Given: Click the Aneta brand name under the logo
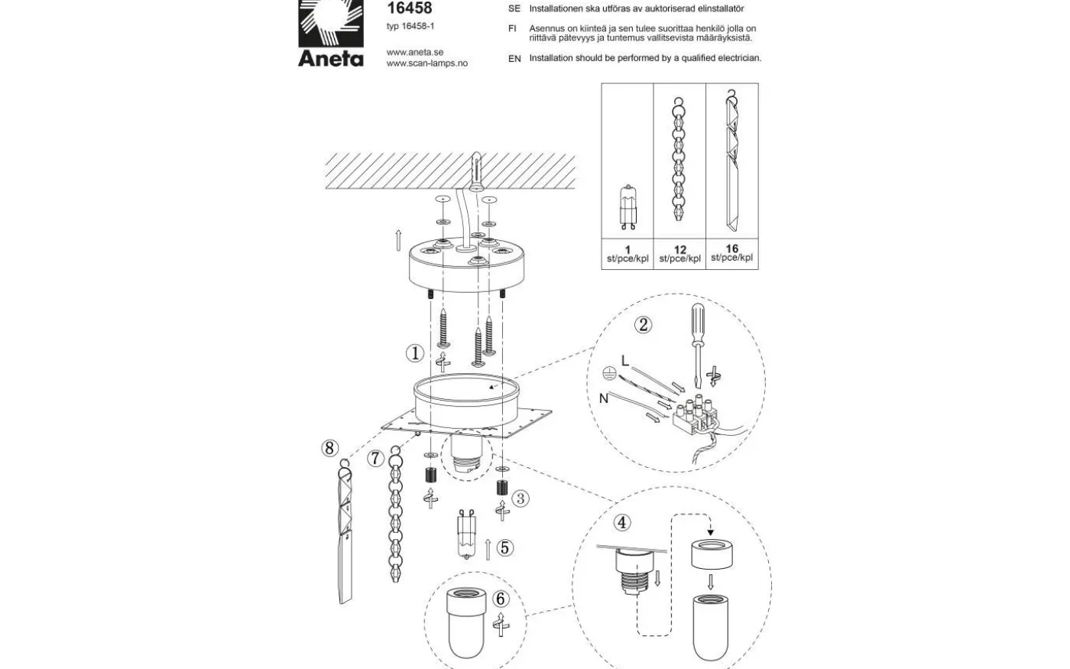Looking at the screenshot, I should (x=330, y=58).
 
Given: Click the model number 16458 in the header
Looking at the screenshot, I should (x=409, y=8).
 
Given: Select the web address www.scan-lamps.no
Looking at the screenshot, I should (x=426, y=63).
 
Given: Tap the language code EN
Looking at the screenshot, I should (x=514, y=58).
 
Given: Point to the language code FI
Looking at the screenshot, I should (x=513, y=28).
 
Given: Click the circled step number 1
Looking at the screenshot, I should (x=414, y=353).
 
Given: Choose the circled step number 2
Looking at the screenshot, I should (x=644, y=325).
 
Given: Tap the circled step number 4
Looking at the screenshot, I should (x=623, y=523).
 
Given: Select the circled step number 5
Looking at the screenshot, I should (x=504, y=547).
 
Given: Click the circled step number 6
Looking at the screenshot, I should (x=501, y=599).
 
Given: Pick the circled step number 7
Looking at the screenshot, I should (x=375, y=459).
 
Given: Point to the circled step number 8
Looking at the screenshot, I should (x=329, y=448).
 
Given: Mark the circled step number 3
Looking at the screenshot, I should (x=521, y=499).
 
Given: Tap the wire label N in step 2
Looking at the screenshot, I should (x=604, y=398).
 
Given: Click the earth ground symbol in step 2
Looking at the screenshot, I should (x=610, y=374).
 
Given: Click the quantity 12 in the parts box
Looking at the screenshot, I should (x=679, y=250).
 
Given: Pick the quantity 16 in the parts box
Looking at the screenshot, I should (x=731, y=248).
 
